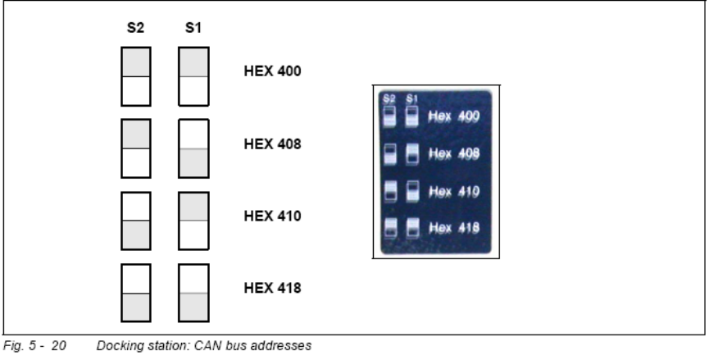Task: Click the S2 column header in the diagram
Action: (135, 28)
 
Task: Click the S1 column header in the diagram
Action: (193, 28)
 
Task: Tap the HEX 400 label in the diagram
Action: (272, 71)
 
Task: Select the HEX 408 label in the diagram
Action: (272, 144)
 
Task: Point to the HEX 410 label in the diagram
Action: (272, 216)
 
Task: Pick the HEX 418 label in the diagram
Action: (272, 289)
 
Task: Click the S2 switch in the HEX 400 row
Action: (135, 76)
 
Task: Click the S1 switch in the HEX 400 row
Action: (193, 76)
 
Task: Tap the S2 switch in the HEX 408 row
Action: (135, 148)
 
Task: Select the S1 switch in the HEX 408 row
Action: (193, 148)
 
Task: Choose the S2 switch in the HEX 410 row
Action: (135, 221)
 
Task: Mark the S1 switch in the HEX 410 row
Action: (193, 221)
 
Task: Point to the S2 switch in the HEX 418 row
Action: (135, 293)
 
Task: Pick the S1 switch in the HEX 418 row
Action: (193, 293)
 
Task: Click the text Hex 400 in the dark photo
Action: (453, 117)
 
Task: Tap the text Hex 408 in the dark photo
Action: (453, 154)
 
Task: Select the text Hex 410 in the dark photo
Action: (453, 191)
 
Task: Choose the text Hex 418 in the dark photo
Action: (453, 227)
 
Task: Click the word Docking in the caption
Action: (116, 347)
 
